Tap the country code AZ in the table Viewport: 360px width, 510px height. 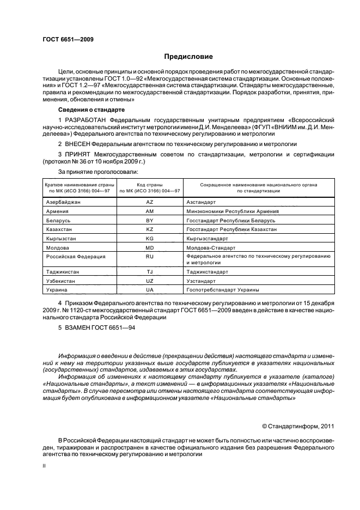(x=150, y=202)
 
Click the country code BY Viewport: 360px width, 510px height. (x=150, y=220)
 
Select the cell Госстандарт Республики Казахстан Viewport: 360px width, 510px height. (x=231, y=229)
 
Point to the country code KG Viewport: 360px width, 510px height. (x=150, y=239)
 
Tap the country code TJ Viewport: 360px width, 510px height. (x=150, y=271)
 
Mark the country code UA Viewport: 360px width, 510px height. (x=150, y=290)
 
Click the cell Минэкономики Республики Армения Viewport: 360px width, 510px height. (x=232, y=211)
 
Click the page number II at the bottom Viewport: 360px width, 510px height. (x=45, y=466)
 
